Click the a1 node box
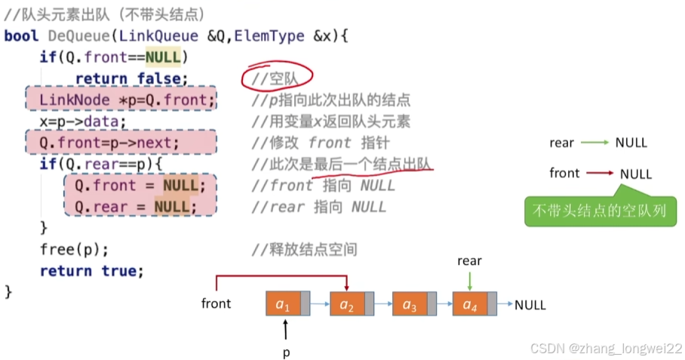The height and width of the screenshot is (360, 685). pos(283,304)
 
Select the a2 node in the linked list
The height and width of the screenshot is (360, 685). pos(346,304)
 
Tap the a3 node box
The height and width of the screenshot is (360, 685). pos(409,304)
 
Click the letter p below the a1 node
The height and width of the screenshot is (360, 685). pos(286,352)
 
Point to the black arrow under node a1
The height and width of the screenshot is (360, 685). pos(286,329)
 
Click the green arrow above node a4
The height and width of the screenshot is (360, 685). pos(469,280)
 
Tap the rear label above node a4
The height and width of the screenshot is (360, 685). pos(469,261)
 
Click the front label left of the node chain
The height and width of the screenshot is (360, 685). pos(216,304)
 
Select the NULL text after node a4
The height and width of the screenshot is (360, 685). pos(530,305)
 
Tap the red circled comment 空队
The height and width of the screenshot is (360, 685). pos(277,78)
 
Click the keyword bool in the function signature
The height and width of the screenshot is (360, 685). pos(22,35)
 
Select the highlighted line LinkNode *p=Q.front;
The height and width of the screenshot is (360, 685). pos(121,100)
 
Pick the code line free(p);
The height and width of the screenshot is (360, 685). pos(75,249)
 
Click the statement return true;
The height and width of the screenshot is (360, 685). pos(91,270)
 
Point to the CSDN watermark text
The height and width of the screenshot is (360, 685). pos(606,349)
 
